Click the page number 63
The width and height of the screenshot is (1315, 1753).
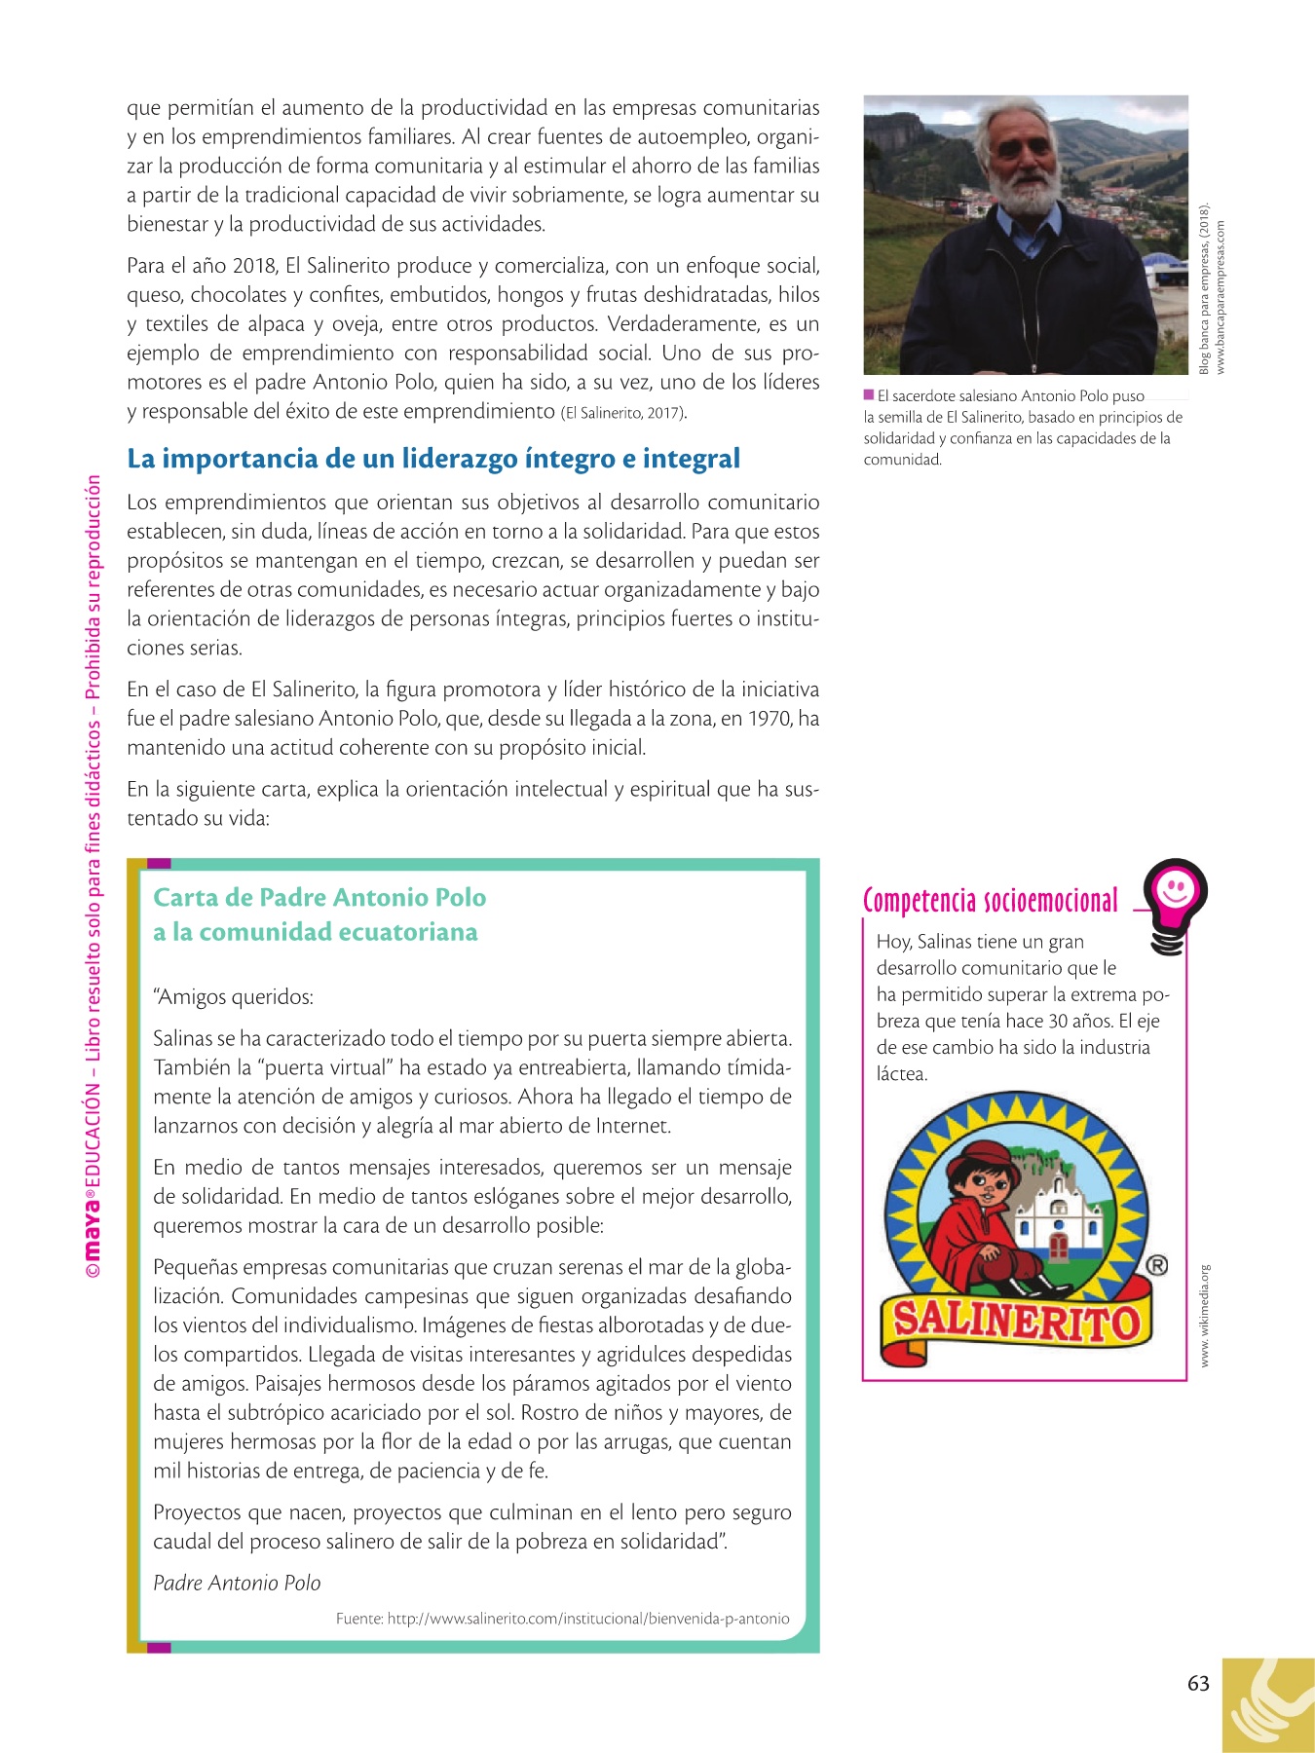point(1198,1684)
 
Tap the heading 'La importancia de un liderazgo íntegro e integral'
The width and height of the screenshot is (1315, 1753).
point(433,458)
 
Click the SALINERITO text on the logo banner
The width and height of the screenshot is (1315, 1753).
point(1016,1323)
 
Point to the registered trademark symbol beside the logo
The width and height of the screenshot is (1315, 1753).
point(1156,1265)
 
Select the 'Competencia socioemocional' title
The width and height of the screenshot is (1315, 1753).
point(991,901)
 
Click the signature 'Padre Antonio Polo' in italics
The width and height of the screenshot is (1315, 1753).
point(237,1583)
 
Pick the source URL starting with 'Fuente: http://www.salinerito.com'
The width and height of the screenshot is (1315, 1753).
point(562,1619)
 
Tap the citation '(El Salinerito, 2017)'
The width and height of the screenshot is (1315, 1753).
point(623,413)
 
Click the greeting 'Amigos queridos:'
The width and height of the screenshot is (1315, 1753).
point(234,997)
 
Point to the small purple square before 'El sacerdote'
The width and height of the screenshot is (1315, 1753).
point(869,395)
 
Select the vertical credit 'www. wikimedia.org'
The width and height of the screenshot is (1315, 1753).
point(1205,1315)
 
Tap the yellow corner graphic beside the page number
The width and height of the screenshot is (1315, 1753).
point(1267,1706)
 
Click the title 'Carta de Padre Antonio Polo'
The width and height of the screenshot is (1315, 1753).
point(319,897)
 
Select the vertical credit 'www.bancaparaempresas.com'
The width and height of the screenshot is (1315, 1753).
point(1221,297)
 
